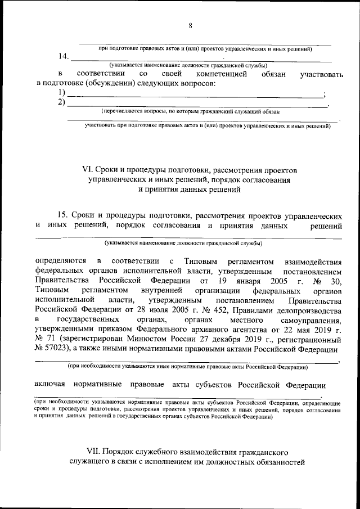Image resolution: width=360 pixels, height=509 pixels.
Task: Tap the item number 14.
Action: coord(64,57)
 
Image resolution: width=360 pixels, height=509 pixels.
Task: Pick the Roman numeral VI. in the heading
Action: coord(87,169)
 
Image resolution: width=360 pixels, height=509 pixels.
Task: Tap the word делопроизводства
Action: coord(306,310)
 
